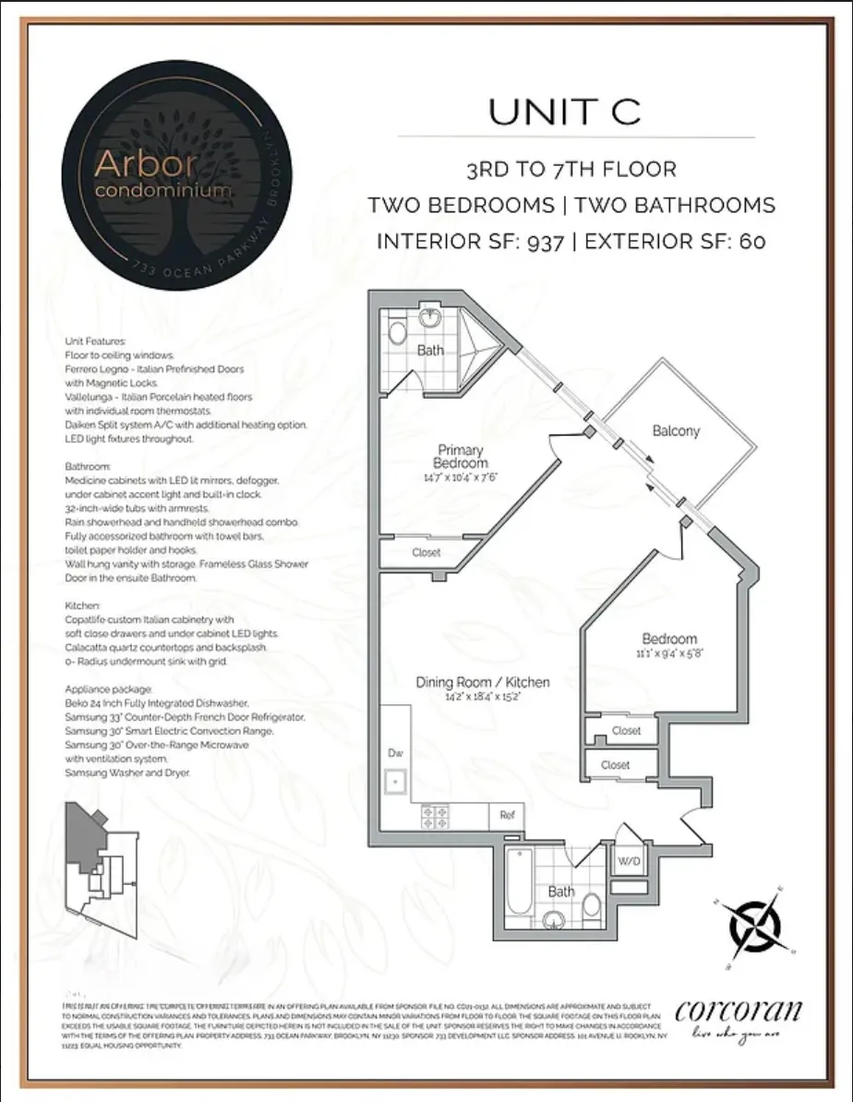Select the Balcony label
pos(676,430)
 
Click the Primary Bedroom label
pos(463,457)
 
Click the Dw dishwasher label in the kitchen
pos(393,753)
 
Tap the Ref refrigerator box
pos(507,815)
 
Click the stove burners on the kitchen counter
pos(435,815)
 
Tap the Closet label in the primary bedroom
pos(426,553)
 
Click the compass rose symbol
pos(753,922)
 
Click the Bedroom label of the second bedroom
pos(669,639)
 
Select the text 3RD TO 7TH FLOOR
pos(571,170)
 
